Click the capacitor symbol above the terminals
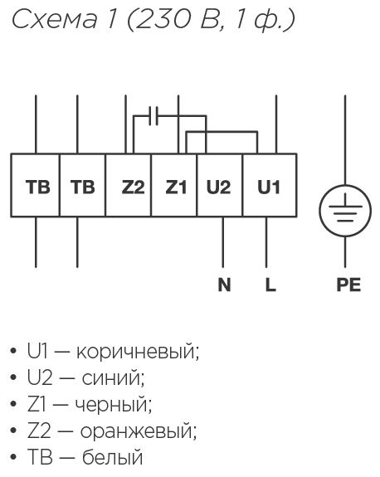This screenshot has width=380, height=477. point(153,116)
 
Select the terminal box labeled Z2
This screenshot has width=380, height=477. point(128,185)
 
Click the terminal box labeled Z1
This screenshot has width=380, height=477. point(174,185)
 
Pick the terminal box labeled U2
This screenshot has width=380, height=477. point(220,185)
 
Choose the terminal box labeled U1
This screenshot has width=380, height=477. point(270,185)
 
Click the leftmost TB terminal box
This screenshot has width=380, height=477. point(36,185)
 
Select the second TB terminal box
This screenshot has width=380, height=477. point(82,185)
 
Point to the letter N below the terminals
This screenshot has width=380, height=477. point(224,285)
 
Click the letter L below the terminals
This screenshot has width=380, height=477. point(270,285)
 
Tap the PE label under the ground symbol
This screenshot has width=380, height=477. point(348,285)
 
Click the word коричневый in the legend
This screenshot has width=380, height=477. point(138,352)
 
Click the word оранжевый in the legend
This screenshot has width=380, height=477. point(139,431)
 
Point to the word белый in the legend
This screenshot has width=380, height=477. point(113,457)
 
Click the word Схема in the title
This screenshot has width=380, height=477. point(54,19)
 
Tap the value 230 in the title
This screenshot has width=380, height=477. point(163,19)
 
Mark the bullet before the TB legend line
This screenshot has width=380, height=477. point(13,456)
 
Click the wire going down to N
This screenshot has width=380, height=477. point(223,242)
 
